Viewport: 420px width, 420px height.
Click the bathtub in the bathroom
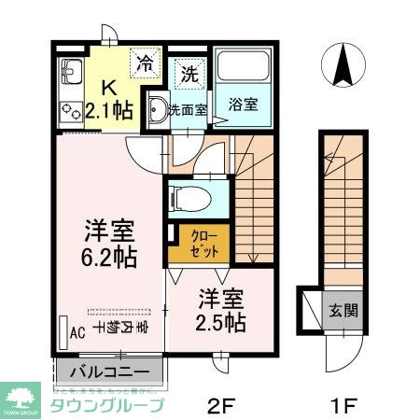click(243, 69)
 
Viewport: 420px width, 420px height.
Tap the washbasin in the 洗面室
click(157, 107)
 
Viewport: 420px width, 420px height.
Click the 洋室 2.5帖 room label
click(222, 311)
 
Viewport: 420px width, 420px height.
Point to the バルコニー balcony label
click(110, 371)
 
